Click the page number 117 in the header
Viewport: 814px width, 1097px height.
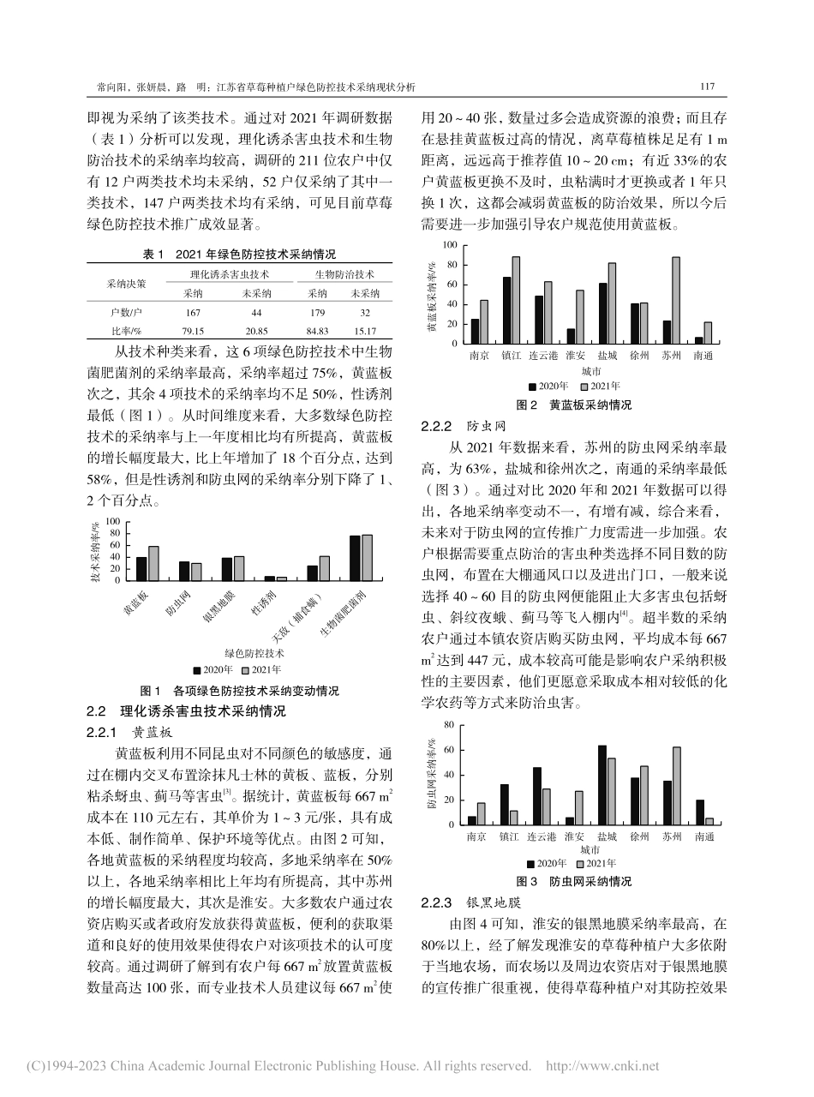(707, 87)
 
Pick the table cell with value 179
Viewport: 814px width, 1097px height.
(317, 312)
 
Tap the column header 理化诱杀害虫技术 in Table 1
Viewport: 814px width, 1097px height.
(229, 274)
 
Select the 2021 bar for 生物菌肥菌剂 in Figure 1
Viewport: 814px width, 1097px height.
(367, 558)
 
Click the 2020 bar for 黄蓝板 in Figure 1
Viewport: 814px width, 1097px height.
(141, 569)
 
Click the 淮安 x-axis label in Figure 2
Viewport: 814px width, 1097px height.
(575, 354)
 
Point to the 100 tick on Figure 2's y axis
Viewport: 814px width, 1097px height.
(451, 245)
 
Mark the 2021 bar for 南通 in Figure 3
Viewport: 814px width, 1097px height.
(709, 821)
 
